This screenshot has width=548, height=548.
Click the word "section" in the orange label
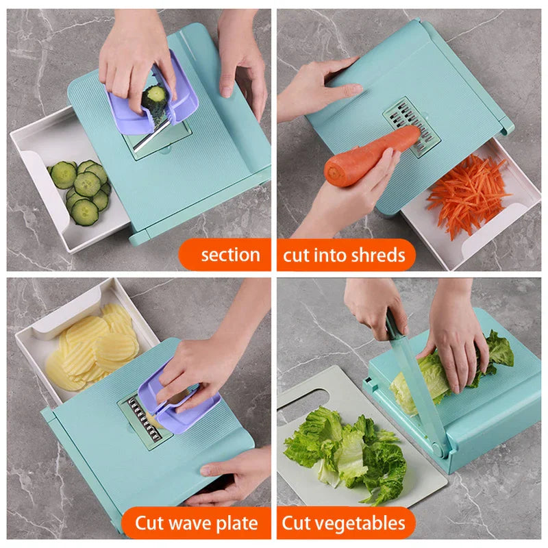[x=230, y=255]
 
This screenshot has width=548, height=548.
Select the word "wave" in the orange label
[x=195, y=524]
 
